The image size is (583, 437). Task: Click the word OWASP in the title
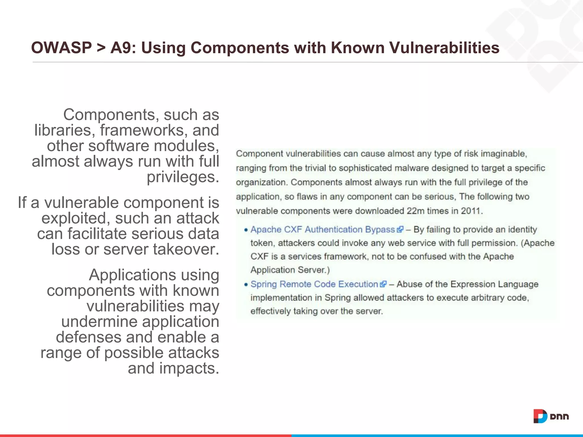pyautogui.click(x=61, y=48)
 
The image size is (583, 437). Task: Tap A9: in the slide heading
pyautogui.click(x=123, y=48)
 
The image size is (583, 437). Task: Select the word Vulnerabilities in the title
pyautogui.click(x=444, y=48)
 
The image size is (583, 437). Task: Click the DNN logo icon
pyautogui.click(x=540, y=416)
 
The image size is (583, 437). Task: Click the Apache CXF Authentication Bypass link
pyautogui.click(x=323, y=230)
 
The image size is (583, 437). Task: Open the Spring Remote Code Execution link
pyautogui.click(x=314, y=284)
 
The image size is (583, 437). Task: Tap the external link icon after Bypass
pyautogui.click(x=400, y=230)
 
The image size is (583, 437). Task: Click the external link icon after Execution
pyautogui.click(x=383, y=284)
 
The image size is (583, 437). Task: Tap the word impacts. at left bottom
pyautogui.click(x=189, y=368)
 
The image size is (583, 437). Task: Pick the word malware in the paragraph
pyautogui.click(x=411, y=168)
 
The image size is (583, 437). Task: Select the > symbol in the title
pyautogui.click(x=101, y=48)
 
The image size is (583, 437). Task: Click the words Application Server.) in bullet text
pyautogui.click(x=290, y=270)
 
